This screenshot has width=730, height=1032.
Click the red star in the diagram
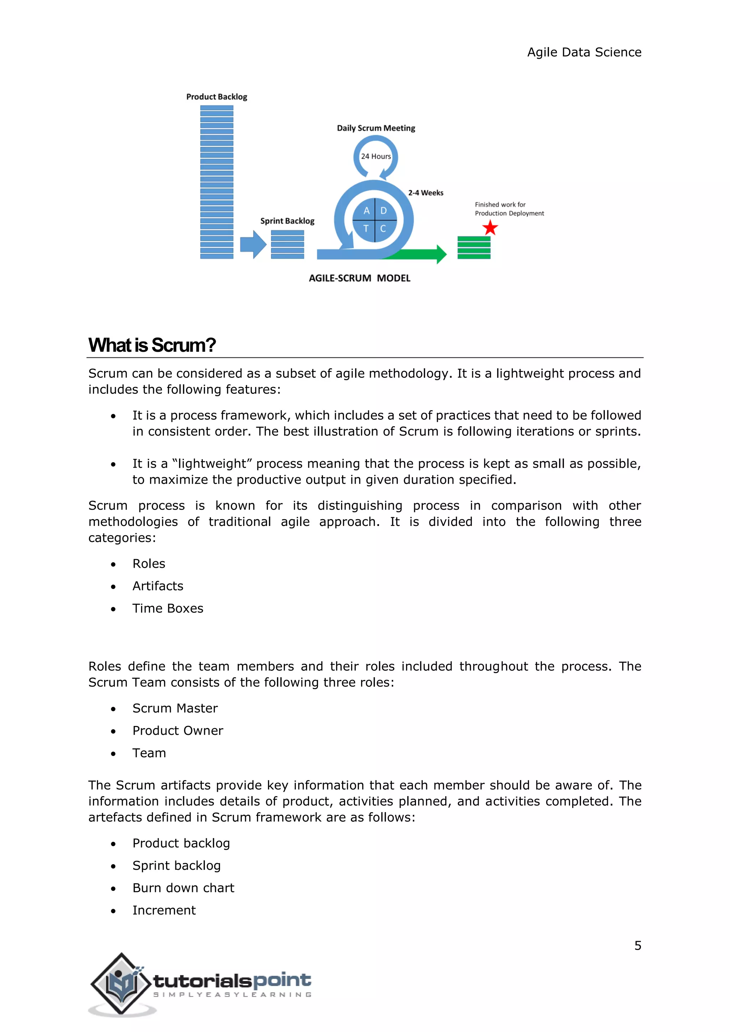pyautogui.click(x=490, y=228)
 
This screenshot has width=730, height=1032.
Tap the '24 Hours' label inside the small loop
pyautogui.click(x=376, y=156)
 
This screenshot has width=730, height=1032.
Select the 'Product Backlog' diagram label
pyautogui.click(x=217, y=97)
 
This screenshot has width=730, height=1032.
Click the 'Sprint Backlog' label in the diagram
pyautogui.click(x=287, y=221)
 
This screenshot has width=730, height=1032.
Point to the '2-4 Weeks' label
pyautogui.click(x=426, y=193)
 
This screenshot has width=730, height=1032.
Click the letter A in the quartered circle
pyautogui.click(x=367, y=211)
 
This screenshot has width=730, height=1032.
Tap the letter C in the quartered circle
pyautogui.click(x=383, y=228)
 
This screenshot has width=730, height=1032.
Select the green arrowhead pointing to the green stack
pyautogui.click(x=441, y=254)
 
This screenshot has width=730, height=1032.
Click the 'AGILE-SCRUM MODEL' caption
pyautogui.click(x=359, y=278)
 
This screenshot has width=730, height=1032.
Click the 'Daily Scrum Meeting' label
pyautogui.click(x=376, y=128)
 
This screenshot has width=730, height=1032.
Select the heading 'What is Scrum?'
pyautogui.click(x=152, y=345)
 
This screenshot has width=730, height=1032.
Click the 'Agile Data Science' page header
pyautogui.click(x=584, y=52)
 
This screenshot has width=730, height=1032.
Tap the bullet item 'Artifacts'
pyautogui.click(x=158, y=586)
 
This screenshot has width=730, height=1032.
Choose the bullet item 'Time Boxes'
pyautogui.click(x=168, y=608)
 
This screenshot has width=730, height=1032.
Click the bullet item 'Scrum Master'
pyautogui.click(x=175, y=708)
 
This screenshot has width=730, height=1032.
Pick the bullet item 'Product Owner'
pyautogui.click(x=178, y=731)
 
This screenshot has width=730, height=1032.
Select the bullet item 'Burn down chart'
pyautogui.click(x=184, y=888)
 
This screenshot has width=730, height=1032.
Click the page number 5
pyautogui.click(x=637, y=945)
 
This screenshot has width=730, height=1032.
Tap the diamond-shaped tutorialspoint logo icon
pyautogui.click(x=121, y=984)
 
